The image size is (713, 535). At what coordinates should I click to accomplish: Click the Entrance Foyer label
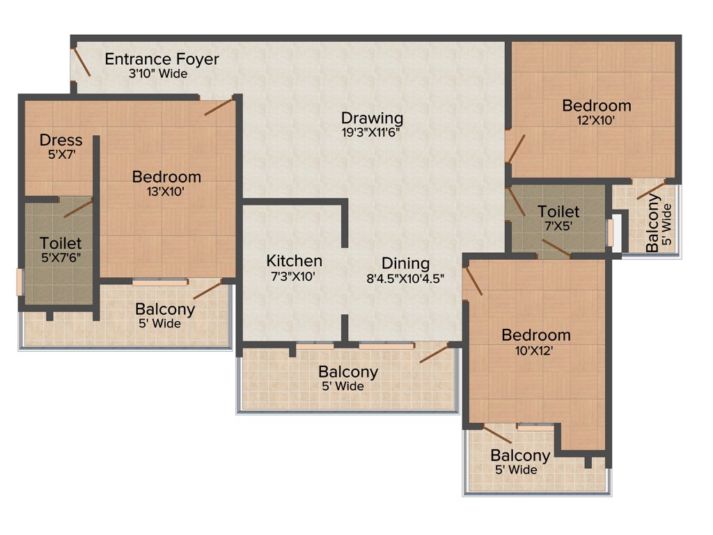[x=162, y=59]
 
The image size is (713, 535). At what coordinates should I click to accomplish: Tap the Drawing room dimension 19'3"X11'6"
[x=372, y=132]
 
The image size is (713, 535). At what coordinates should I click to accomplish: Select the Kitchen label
[x=294, y=261]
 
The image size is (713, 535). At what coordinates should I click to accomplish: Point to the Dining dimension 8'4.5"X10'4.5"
[x=405, y=277]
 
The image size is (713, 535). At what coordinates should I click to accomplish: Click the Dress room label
[x=61, y=140]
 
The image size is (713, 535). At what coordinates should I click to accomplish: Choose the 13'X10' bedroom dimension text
[x=166, y=192]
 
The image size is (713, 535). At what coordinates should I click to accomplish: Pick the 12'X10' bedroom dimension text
[x=597, y=120]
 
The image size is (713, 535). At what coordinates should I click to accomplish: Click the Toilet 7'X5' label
[x=558, y=211]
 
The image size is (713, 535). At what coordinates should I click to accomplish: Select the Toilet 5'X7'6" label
[x=61, y=244]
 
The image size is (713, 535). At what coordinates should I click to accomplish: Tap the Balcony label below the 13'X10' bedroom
[x=165, y=309]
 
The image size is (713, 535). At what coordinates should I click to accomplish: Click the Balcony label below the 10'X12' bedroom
[x=520, y=456]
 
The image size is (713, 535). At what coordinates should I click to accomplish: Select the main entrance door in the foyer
[x=81, y=61]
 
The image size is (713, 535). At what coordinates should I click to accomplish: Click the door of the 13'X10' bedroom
[x=218, y=107]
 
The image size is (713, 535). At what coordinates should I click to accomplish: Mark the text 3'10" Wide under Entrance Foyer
[x=158, y=74]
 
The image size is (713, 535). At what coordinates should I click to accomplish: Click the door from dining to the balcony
[x=434, y=352]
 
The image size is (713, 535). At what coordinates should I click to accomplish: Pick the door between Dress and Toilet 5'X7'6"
[x=78, y=207]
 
